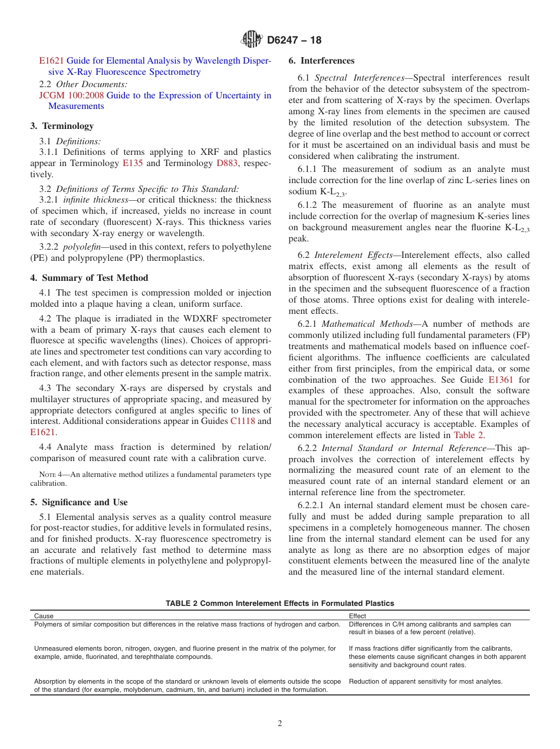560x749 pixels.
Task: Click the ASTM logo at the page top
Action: coord(252,40)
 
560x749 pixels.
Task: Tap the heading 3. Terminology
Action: coord(62,126)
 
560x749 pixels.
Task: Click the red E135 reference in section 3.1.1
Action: coord(132,163)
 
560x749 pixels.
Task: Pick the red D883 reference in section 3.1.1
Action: coord(228,163)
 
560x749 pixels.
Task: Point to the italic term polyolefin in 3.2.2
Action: coord(82,246)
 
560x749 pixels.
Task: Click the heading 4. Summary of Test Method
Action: coord(89,278)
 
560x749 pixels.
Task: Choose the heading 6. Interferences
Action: coord(321,61)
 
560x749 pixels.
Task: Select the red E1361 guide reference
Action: coord(501,380)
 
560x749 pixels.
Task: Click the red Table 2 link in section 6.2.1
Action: coord(469,435)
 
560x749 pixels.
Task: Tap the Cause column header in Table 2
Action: coord(44,616)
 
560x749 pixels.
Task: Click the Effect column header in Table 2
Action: coord(358,616)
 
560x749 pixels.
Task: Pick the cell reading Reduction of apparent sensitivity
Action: coord(426,681)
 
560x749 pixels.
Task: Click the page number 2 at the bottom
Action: coord(280,724)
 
